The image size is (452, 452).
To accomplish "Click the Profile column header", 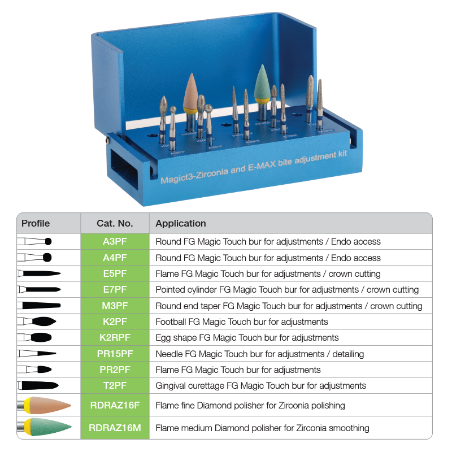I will click(36, 223).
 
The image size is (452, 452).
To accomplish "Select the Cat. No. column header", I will click(115, 223).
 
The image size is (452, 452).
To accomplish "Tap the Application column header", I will click(181, 223).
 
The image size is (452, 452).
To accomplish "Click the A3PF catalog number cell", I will click(115, 241).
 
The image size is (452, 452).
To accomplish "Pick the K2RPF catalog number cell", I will click(115, 338).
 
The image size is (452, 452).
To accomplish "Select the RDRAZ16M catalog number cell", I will click(115, 428).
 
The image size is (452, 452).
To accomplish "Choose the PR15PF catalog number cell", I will click(115, 354).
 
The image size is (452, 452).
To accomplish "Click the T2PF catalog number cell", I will click(115, 386).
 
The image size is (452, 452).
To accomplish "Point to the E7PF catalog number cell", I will click(115, 289).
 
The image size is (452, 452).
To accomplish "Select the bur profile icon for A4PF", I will click(35, 258).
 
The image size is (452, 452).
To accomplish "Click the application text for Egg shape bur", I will click(247, 338).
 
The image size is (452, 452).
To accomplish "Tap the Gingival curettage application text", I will click(260, 386).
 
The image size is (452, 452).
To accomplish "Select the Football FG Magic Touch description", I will click(241, 321).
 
